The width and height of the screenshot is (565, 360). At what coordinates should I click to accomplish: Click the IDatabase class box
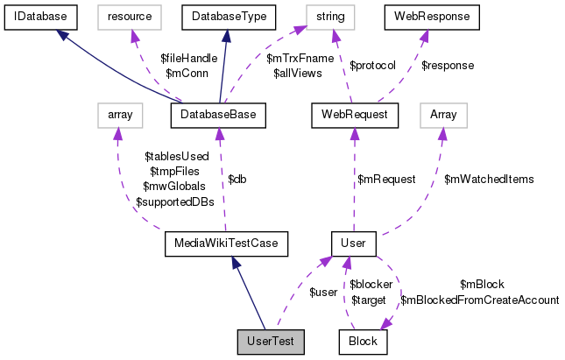pos(41,17)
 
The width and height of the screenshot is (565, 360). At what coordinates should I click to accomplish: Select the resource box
pos(129,17)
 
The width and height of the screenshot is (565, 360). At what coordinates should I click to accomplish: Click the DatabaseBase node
pos(218,114)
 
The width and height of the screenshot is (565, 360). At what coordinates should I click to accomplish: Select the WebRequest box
pos(355,114)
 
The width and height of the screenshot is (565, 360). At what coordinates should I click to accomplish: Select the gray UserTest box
pos(271,341)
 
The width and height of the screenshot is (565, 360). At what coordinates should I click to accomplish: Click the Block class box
pos(363,341)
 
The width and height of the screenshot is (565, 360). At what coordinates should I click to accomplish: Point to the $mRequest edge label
pos(386,180)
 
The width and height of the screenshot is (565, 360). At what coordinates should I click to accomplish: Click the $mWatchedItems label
pos(489,180)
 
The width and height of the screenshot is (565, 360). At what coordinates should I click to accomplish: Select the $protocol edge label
pos(373,65)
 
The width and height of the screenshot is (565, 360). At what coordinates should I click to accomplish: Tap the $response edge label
pos(447,65)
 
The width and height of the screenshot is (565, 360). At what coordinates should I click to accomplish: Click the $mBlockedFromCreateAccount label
pos(479,300)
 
